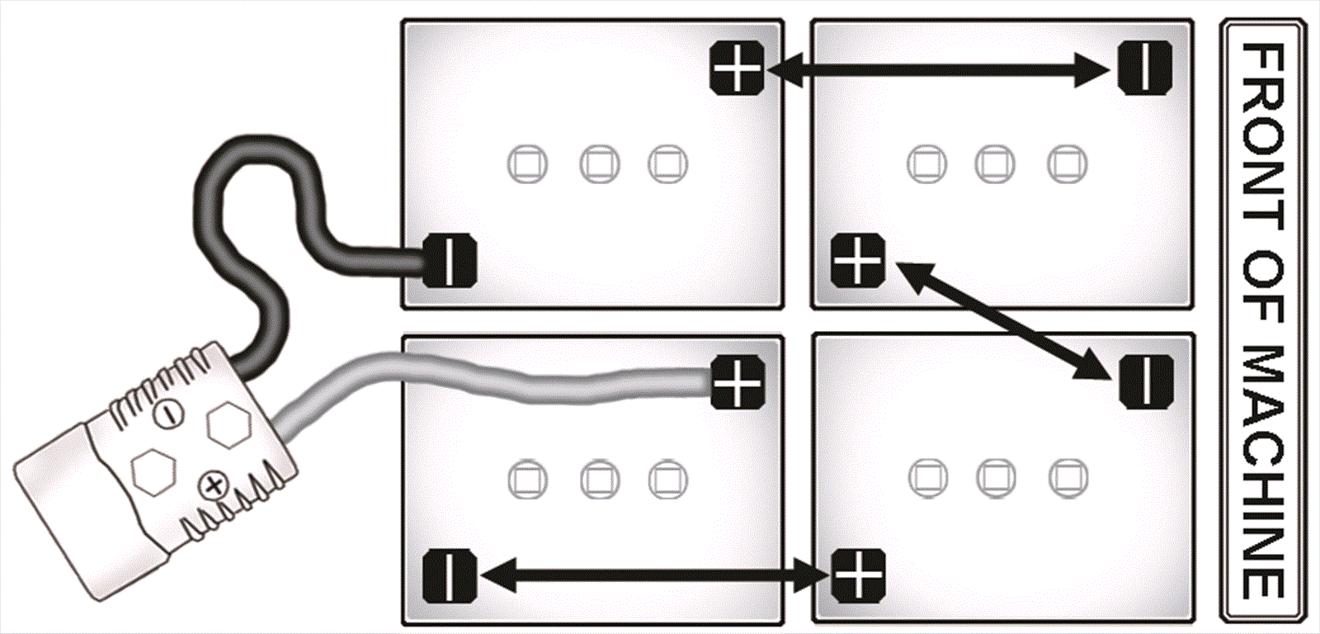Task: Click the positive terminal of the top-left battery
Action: (737, 68)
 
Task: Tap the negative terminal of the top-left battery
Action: (450, 260)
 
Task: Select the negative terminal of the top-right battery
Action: (1145, 67)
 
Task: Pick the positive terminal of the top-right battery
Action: (858, 260)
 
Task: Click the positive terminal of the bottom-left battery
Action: (738, 382)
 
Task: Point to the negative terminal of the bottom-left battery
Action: (449, 575)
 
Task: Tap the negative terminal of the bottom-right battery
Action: (1146, 382)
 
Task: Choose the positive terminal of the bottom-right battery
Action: (858, 575)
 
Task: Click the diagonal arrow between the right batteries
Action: (1002, 321)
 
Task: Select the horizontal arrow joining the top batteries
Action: (938, 70)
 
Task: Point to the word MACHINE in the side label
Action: (1263, 472)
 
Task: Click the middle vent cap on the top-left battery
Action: (599, 164)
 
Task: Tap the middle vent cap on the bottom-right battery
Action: (996, 478)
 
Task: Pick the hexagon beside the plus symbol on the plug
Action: (153, 474)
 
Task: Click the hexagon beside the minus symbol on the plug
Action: (229, 424)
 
